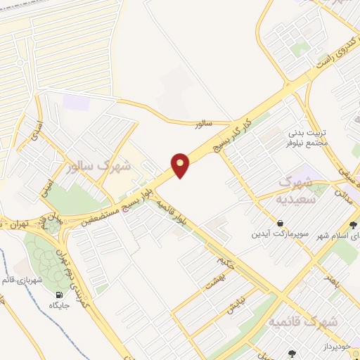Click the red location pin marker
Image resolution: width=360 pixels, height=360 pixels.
click(181, 165)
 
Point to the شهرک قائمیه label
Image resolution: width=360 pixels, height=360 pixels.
click(302, 321)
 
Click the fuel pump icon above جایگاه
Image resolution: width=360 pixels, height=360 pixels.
click(58, 294)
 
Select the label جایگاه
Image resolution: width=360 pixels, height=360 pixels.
click(58, 306)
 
